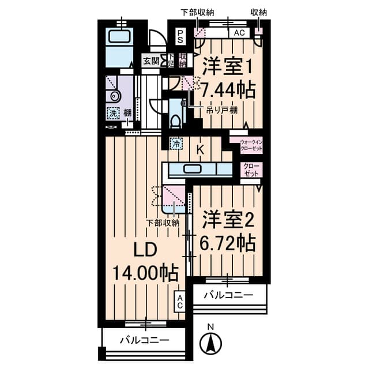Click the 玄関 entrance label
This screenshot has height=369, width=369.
pyautogui.click(x=150, y=61)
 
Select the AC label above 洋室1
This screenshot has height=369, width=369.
pyautogui.click(x=239, y=33)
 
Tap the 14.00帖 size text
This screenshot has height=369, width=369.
pyautogui.click(x=145, y=272)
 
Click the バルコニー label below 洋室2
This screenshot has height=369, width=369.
pyautogui.click(x=229, y=295)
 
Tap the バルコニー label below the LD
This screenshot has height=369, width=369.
pyautogui.click(x=144, y=340)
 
